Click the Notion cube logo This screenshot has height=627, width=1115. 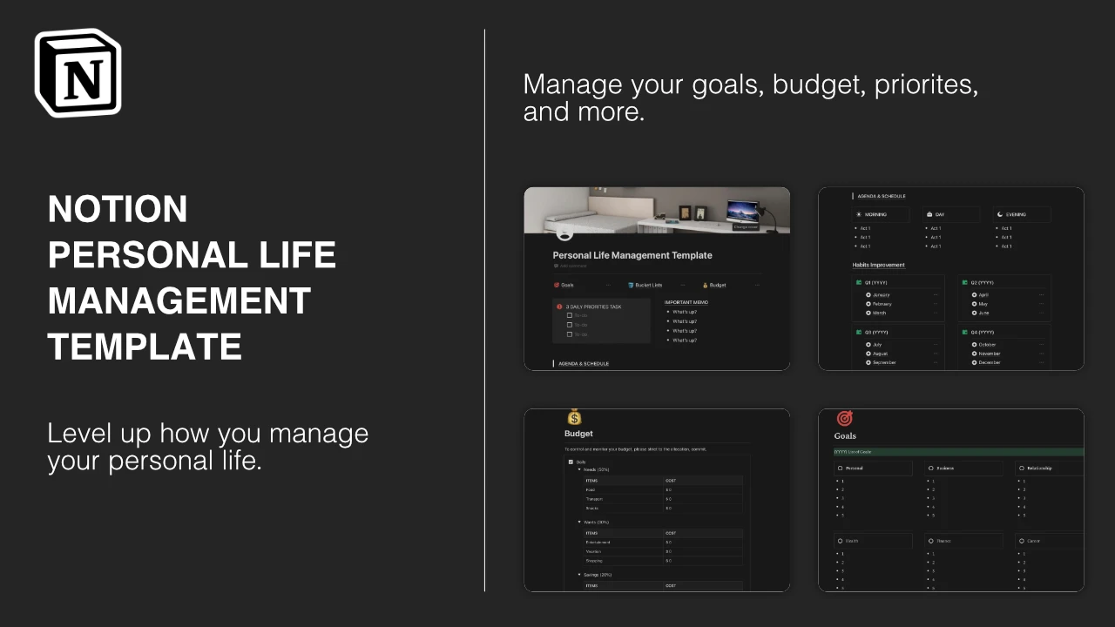click(78, 73)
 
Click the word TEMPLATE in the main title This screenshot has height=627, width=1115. click(145, 347)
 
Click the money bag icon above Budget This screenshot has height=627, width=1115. click(574, 417)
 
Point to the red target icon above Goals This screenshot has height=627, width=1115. click(844, 418)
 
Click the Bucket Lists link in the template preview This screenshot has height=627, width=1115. click(648, 285)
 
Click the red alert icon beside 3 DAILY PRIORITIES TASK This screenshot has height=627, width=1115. click(559, 307)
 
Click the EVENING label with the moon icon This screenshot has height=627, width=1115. click(1015, 214)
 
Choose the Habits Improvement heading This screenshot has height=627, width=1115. click(878, 265)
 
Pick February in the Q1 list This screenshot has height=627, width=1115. click(882, 304)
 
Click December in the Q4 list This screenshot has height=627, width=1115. click(989, 362)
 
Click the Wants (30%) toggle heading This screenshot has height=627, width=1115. click(597, 522)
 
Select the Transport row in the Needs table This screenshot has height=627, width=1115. click(595, 499)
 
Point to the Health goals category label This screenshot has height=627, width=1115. click(852, 541)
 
